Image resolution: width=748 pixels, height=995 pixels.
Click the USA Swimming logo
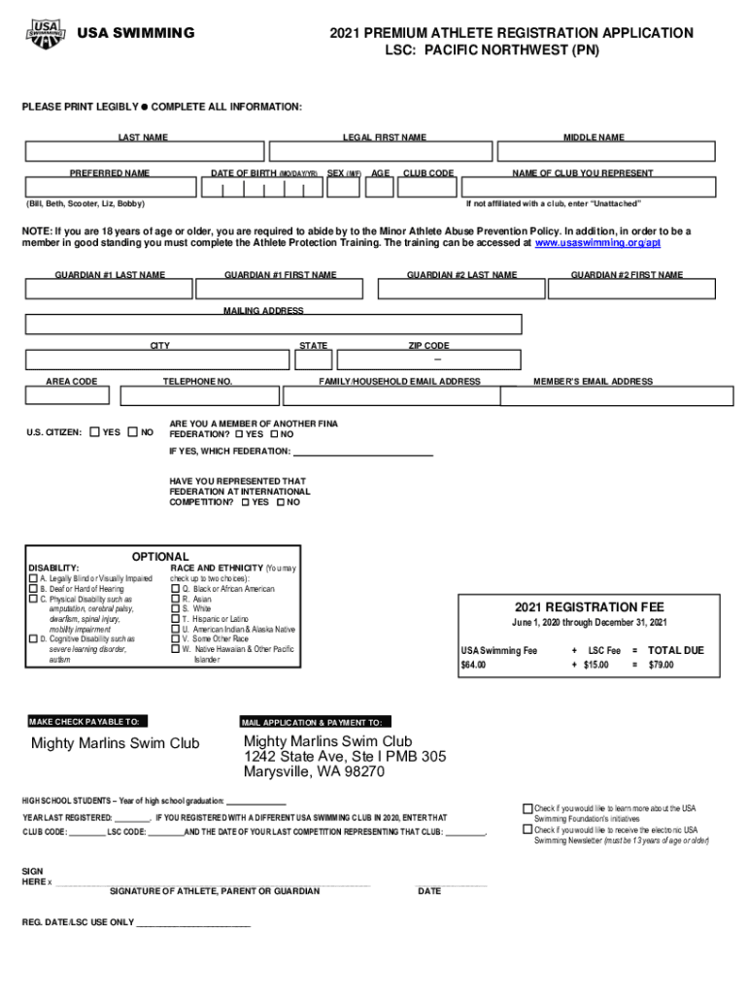point(46,35)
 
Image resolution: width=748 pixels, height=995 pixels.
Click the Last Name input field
point(144,153)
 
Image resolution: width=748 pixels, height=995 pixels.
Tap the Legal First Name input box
point(381,153)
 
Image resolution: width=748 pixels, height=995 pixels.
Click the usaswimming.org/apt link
point(597,243)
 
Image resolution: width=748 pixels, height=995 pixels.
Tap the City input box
point(160,360)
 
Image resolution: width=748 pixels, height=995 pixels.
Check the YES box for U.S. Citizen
point(94,431)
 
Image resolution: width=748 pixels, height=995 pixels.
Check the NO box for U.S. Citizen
point(133,431)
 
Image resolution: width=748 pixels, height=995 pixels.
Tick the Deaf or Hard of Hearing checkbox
point(33,589)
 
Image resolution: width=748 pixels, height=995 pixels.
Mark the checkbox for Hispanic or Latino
point(176,619)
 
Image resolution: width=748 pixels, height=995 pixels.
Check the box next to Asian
point(176,599)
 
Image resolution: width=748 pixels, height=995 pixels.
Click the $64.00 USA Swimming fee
point(473,665)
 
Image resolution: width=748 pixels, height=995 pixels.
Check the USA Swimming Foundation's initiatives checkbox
point(528,808)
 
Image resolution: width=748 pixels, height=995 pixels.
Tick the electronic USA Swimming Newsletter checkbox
point(528,830)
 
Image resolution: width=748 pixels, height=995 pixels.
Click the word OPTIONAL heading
point(161,557)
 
